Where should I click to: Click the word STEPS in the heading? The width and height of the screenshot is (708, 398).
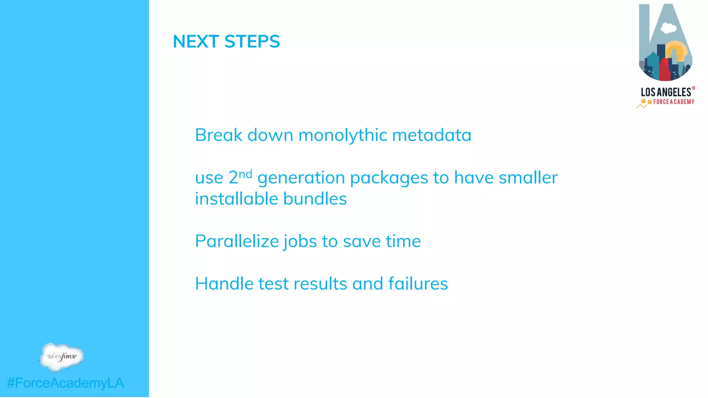pos(252,42)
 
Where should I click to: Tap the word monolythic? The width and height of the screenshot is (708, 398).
pos(343,135)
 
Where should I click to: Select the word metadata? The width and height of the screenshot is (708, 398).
pos(431,135)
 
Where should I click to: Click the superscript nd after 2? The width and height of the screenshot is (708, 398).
pos(245,174)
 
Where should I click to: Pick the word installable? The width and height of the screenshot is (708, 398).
pos(236,199)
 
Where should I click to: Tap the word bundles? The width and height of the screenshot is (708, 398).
pos(315,199)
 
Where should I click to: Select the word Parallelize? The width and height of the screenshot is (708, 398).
pos(237,241)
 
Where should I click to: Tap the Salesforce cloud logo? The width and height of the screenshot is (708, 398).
pos(62,357)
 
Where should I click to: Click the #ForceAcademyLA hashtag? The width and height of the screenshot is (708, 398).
pos(65,383)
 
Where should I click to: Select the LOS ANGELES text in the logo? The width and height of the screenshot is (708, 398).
pos(665,92)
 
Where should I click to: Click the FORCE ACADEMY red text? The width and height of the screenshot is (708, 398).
pos(673,102)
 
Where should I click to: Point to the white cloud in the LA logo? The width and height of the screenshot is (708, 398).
pos(669,28)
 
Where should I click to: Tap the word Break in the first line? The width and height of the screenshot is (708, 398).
pos(218,135)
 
